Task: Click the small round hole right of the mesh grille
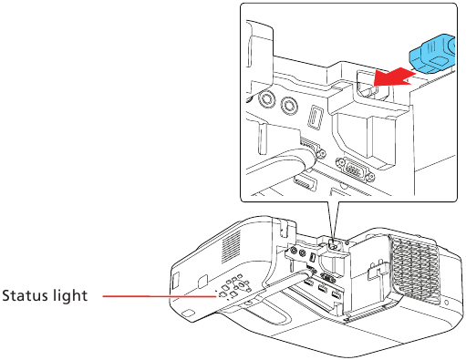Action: (445, 302)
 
